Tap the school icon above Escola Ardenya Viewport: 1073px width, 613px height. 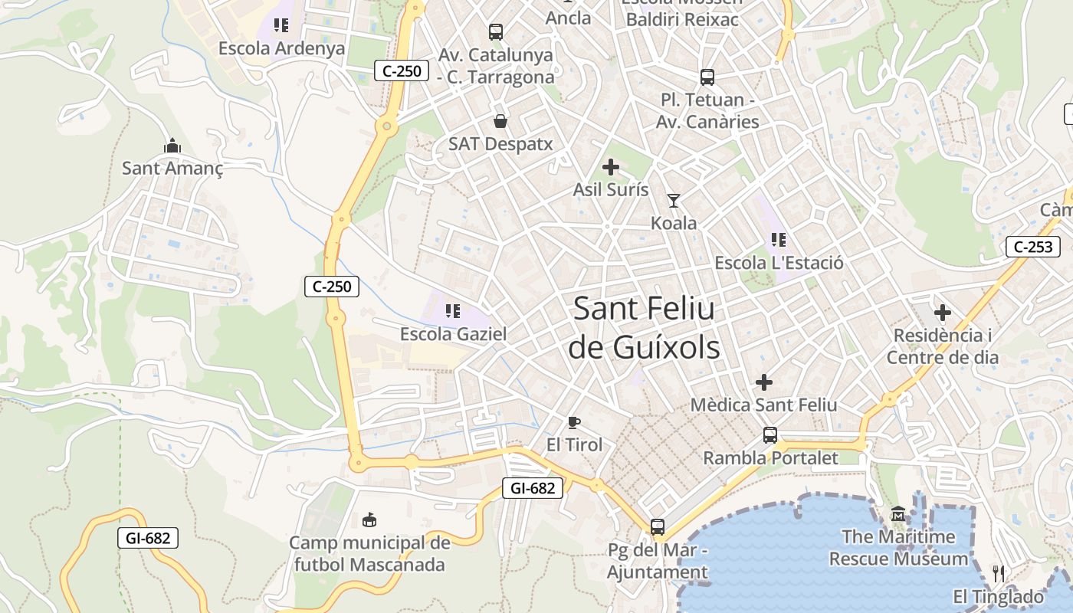pyautogui.click(x=281, y=25)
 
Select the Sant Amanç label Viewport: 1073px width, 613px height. pyautogui.click(x=172, y=168)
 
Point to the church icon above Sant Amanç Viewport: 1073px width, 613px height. pyautogui.click(x=172, y=146)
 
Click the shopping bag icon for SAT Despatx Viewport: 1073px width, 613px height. pyautogui.click(x=500, y=121)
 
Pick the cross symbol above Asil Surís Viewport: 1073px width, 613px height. pyautogui.click(x=611, y=167)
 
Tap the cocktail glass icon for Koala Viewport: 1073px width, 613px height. pyautogui.click(x=674, y=201)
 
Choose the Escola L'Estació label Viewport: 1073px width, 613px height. pyautogui.click(x=779, y=263)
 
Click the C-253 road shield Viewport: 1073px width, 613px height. pyautogui.click(x=1033, y=247)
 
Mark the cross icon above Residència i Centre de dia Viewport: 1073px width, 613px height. pyautogui.click(x=943, y=313)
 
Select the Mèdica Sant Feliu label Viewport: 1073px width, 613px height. pyautogui.click(x=763, y=404)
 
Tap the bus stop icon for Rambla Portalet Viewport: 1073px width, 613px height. pyautogui.click(x=770, y=435)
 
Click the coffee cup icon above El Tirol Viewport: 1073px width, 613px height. pyautogui.click(x=574, y=422)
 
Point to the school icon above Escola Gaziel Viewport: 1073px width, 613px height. pyautogui.click(x=453, y=311)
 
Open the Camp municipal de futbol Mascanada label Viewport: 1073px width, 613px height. pyautogui.click(x=369, y=554)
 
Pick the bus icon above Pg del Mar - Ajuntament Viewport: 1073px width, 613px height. pyautogui.click(x=658, y=527)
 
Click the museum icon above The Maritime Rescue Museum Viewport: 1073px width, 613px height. pyautogui.click(x=898, y=514)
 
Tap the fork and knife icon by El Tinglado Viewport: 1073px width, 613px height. pyautogui.click(x=999, y=573)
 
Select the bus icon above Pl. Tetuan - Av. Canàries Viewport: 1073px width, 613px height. pyautogui.click(x=707, y=77)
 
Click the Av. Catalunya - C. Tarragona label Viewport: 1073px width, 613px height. pyautogui.click(x=495, y=66)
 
